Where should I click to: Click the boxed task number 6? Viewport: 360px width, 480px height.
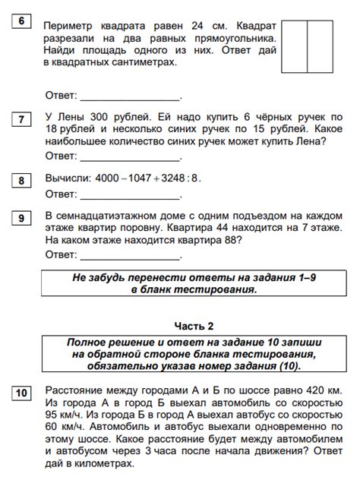pos(21,22)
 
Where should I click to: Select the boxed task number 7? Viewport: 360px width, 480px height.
pos(21,119)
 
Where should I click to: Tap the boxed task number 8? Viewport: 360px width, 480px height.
pos(21,180)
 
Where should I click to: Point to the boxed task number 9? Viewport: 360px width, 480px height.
pos(21,218)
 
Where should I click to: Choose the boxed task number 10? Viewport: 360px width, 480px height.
pos(21,393)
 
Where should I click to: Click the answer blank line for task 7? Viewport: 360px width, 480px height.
pos(130,159)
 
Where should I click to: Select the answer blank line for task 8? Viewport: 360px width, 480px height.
pos(130,197)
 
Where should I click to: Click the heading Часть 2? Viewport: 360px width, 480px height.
pos(194,326)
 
